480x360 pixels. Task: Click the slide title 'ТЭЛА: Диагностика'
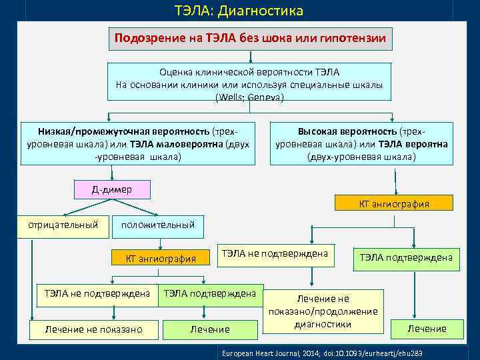tap(239, 11)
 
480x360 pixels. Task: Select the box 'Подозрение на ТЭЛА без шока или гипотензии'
tap(250, 39)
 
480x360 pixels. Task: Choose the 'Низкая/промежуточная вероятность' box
tap(138, 143)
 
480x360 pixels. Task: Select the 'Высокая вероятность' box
tap(361, 143)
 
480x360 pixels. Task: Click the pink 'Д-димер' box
tap(112, 190)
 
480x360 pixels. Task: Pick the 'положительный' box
tap(158, 225)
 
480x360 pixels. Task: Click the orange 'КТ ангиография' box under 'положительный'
tap(161, 259)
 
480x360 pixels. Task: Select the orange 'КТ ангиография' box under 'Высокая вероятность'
tap(394, 203)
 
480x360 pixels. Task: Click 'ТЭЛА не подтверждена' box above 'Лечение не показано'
tap(97, 293)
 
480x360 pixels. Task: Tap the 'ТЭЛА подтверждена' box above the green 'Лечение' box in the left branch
tap(210, 293)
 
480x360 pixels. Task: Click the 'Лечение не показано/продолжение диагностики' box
tap(323, 311)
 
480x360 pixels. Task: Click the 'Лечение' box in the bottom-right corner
tap(427, 329)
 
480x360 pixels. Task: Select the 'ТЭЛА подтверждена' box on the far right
tap(406, 257)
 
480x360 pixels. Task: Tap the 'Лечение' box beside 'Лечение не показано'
tap(210, 329)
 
